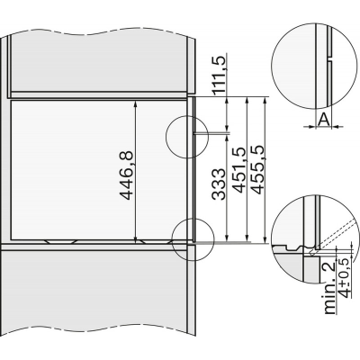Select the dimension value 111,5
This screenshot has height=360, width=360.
220,75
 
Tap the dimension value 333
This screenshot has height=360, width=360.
219,184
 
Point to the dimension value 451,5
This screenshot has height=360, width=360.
239,169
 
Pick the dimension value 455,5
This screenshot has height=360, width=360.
257,169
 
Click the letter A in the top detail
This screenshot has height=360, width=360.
324,120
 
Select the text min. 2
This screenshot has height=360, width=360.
331,289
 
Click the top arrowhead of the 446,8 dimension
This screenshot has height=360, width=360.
136,104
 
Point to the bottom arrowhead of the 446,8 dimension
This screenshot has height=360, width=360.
136,239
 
